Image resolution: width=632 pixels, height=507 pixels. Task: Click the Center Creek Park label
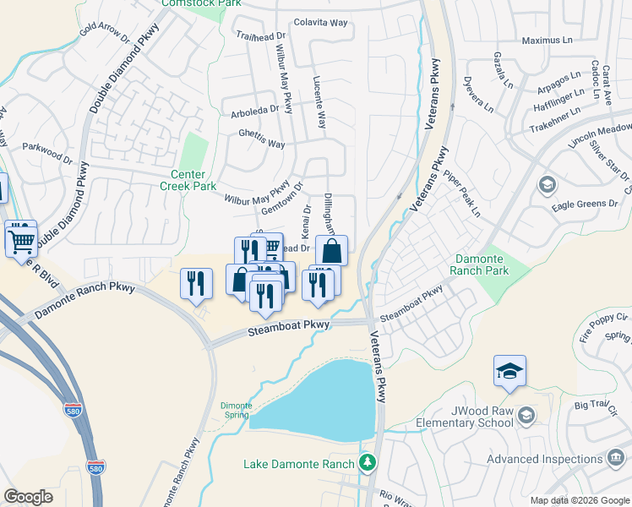[188, 180]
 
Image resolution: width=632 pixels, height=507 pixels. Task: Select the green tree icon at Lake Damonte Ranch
[367, 462]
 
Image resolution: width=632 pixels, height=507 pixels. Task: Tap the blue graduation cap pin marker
[509, 372]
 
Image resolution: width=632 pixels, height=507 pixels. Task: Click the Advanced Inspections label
[544, 459]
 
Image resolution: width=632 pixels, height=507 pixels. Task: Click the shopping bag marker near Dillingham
[332, 251]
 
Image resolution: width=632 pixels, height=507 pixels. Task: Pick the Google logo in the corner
[29, 496]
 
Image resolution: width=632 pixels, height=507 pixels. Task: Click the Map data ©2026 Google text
[580, 500]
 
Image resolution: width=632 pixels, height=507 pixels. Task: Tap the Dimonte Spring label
[236, 409]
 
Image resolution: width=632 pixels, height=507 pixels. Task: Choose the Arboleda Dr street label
[254, 110]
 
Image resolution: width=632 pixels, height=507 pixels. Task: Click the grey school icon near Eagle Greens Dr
[547, 184]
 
